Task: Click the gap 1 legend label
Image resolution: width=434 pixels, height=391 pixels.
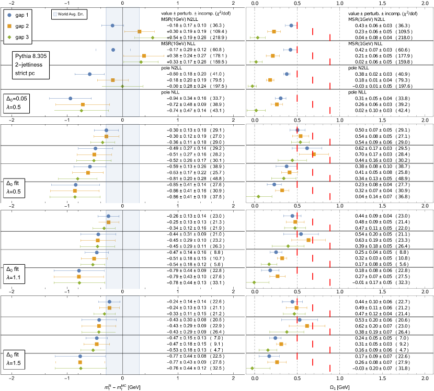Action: coord(22,15)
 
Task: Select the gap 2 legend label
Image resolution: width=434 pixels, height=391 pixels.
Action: coord(22,26)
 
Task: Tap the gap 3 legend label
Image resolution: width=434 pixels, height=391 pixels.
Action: coord(22,37)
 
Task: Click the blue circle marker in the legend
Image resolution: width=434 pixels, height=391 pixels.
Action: coord(9,15)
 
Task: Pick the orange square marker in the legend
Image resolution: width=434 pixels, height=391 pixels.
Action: coord(9,26)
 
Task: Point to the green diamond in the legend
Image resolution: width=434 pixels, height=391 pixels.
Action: coord(9,37)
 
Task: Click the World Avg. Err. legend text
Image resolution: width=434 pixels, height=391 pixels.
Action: coord(71,14)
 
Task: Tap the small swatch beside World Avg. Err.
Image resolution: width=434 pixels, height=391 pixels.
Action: coord(55,14)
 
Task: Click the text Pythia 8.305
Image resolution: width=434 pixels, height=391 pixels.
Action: coord(30,56)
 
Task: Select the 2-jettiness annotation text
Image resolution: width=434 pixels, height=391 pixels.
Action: coord(29,65)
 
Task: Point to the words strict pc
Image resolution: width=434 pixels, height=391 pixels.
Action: coord(25,73)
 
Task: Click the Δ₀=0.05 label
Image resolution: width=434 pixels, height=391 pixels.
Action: coord(17,99)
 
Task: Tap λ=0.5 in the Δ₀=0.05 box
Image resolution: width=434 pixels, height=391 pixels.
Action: coord(14,107)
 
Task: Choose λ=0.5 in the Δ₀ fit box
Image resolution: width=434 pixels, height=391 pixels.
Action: coord(14,192)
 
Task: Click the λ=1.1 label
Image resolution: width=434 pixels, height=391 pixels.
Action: coord(14,277)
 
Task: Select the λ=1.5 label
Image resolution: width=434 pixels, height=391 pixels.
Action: coord(14,363)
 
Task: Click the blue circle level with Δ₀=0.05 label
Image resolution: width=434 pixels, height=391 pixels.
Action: coord(71,98)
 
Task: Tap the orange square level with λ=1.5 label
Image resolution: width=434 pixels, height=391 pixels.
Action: coord(80,362)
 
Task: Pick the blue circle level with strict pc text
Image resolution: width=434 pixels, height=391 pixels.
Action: coord(89,74)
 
